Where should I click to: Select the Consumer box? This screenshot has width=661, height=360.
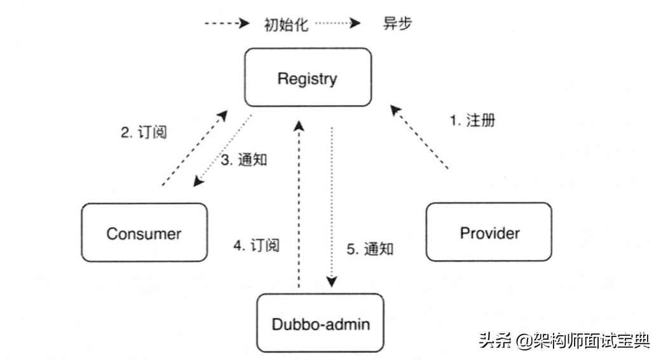pyautogui.click(x=144, y=232)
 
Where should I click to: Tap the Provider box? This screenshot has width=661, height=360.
pyautogui.click(x=489, y=232)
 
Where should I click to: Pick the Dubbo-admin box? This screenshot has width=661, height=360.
pyautogui.click(x=320, y=322)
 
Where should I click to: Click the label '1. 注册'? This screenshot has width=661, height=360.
pyautogui.click(x=473, y=120)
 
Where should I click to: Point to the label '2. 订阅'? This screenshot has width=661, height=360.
pyautogui.click(x=144, y=133)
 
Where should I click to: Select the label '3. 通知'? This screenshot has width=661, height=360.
pyautogui.click(x=244, y=160)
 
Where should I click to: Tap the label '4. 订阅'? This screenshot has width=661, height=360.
pyautogui.click(x=256, y=245)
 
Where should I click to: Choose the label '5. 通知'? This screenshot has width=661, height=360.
pyautogui.click(x=370, y=249)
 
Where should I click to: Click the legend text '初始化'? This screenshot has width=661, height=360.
pyautogui.click(x=286, y=24)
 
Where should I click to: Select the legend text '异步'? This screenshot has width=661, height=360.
pyautogui.click(x=398, y=24)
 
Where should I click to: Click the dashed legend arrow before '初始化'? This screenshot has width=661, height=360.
pyautogui.click(x=226, y=24)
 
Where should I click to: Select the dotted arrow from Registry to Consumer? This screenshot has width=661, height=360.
pyautogui.click(x=222, y=151)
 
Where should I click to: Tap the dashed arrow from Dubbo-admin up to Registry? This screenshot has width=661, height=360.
pyautogui.click(x=298, y=204)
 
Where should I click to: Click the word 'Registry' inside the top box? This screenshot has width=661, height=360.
pyautogui.click(x=308, y=79)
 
